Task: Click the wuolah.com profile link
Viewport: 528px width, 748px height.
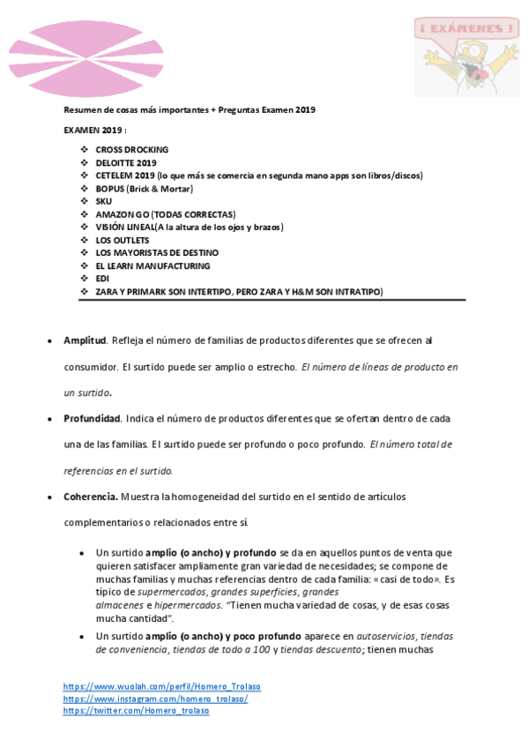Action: pos(161,686)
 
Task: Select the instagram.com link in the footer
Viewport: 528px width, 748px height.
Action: pos(155,699)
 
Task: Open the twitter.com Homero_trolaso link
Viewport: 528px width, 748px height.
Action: pos(136,711)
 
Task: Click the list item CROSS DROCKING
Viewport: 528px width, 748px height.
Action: pos(132,150)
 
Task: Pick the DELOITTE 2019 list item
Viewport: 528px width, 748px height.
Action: pos(126,163)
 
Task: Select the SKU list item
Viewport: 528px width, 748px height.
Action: pos(104,201)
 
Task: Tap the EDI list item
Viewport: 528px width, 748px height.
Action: pos(102,279)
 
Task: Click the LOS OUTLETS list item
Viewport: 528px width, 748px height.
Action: pos(123,240)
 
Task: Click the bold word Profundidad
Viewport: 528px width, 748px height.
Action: pos(92,418)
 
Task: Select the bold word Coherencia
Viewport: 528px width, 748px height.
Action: pos(90,497)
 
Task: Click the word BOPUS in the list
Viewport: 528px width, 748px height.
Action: pos(110,189)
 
